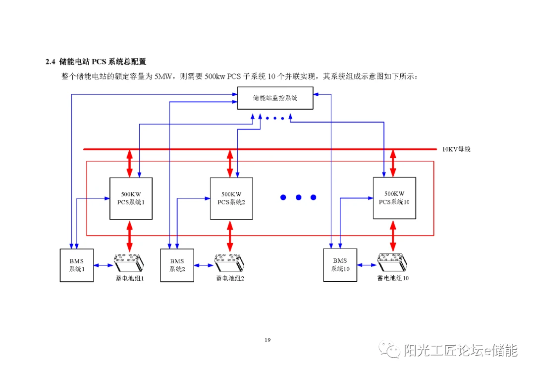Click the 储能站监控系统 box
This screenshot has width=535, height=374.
tap(275, 98)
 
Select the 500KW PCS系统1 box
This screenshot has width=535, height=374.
tap(131, 198)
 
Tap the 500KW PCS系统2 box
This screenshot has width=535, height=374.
tap(231, 198)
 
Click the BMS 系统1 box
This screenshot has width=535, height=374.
tap(77, 265)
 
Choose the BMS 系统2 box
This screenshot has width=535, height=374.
tap(177, 265)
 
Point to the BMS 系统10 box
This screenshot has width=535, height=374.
tap(340, 264)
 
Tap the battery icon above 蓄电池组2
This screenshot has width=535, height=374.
tap(229, 262)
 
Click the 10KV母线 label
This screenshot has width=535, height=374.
tap(456, 149)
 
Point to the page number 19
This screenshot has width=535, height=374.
tap(267, 340)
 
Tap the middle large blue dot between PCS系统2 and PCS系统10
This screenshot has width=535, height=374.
tap(298, 197)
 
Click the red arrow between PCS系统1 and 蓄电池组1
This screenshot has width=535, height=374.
tap(130, 236)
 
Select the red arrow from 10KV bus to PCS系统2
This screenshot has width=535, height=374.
tap(230, 163)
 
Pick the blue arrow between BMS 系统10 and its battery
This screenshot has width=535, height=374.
tap(367, 265)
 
